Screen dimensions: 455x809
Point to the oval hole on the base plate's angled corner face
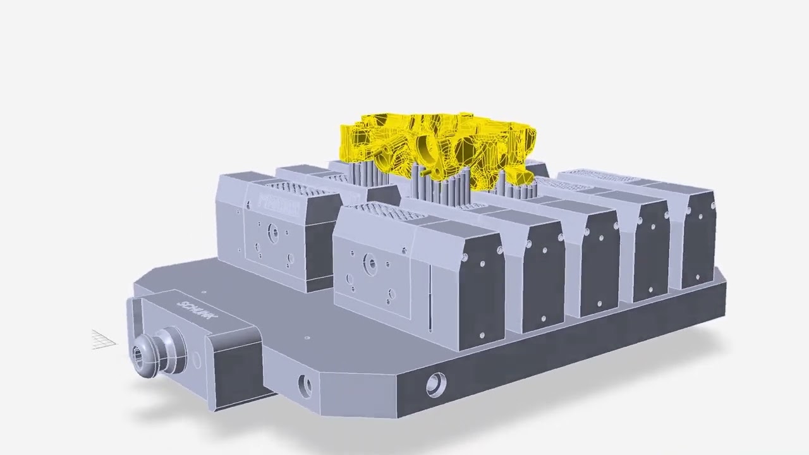tap(305, 385)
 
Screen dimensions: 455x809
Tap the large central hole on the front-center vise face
tap(370, 262)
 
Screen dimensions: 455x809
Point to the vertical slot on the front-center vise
tap(430, 297)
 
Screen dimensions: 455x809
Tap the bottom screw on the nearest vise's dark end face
tap(481, 335)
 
